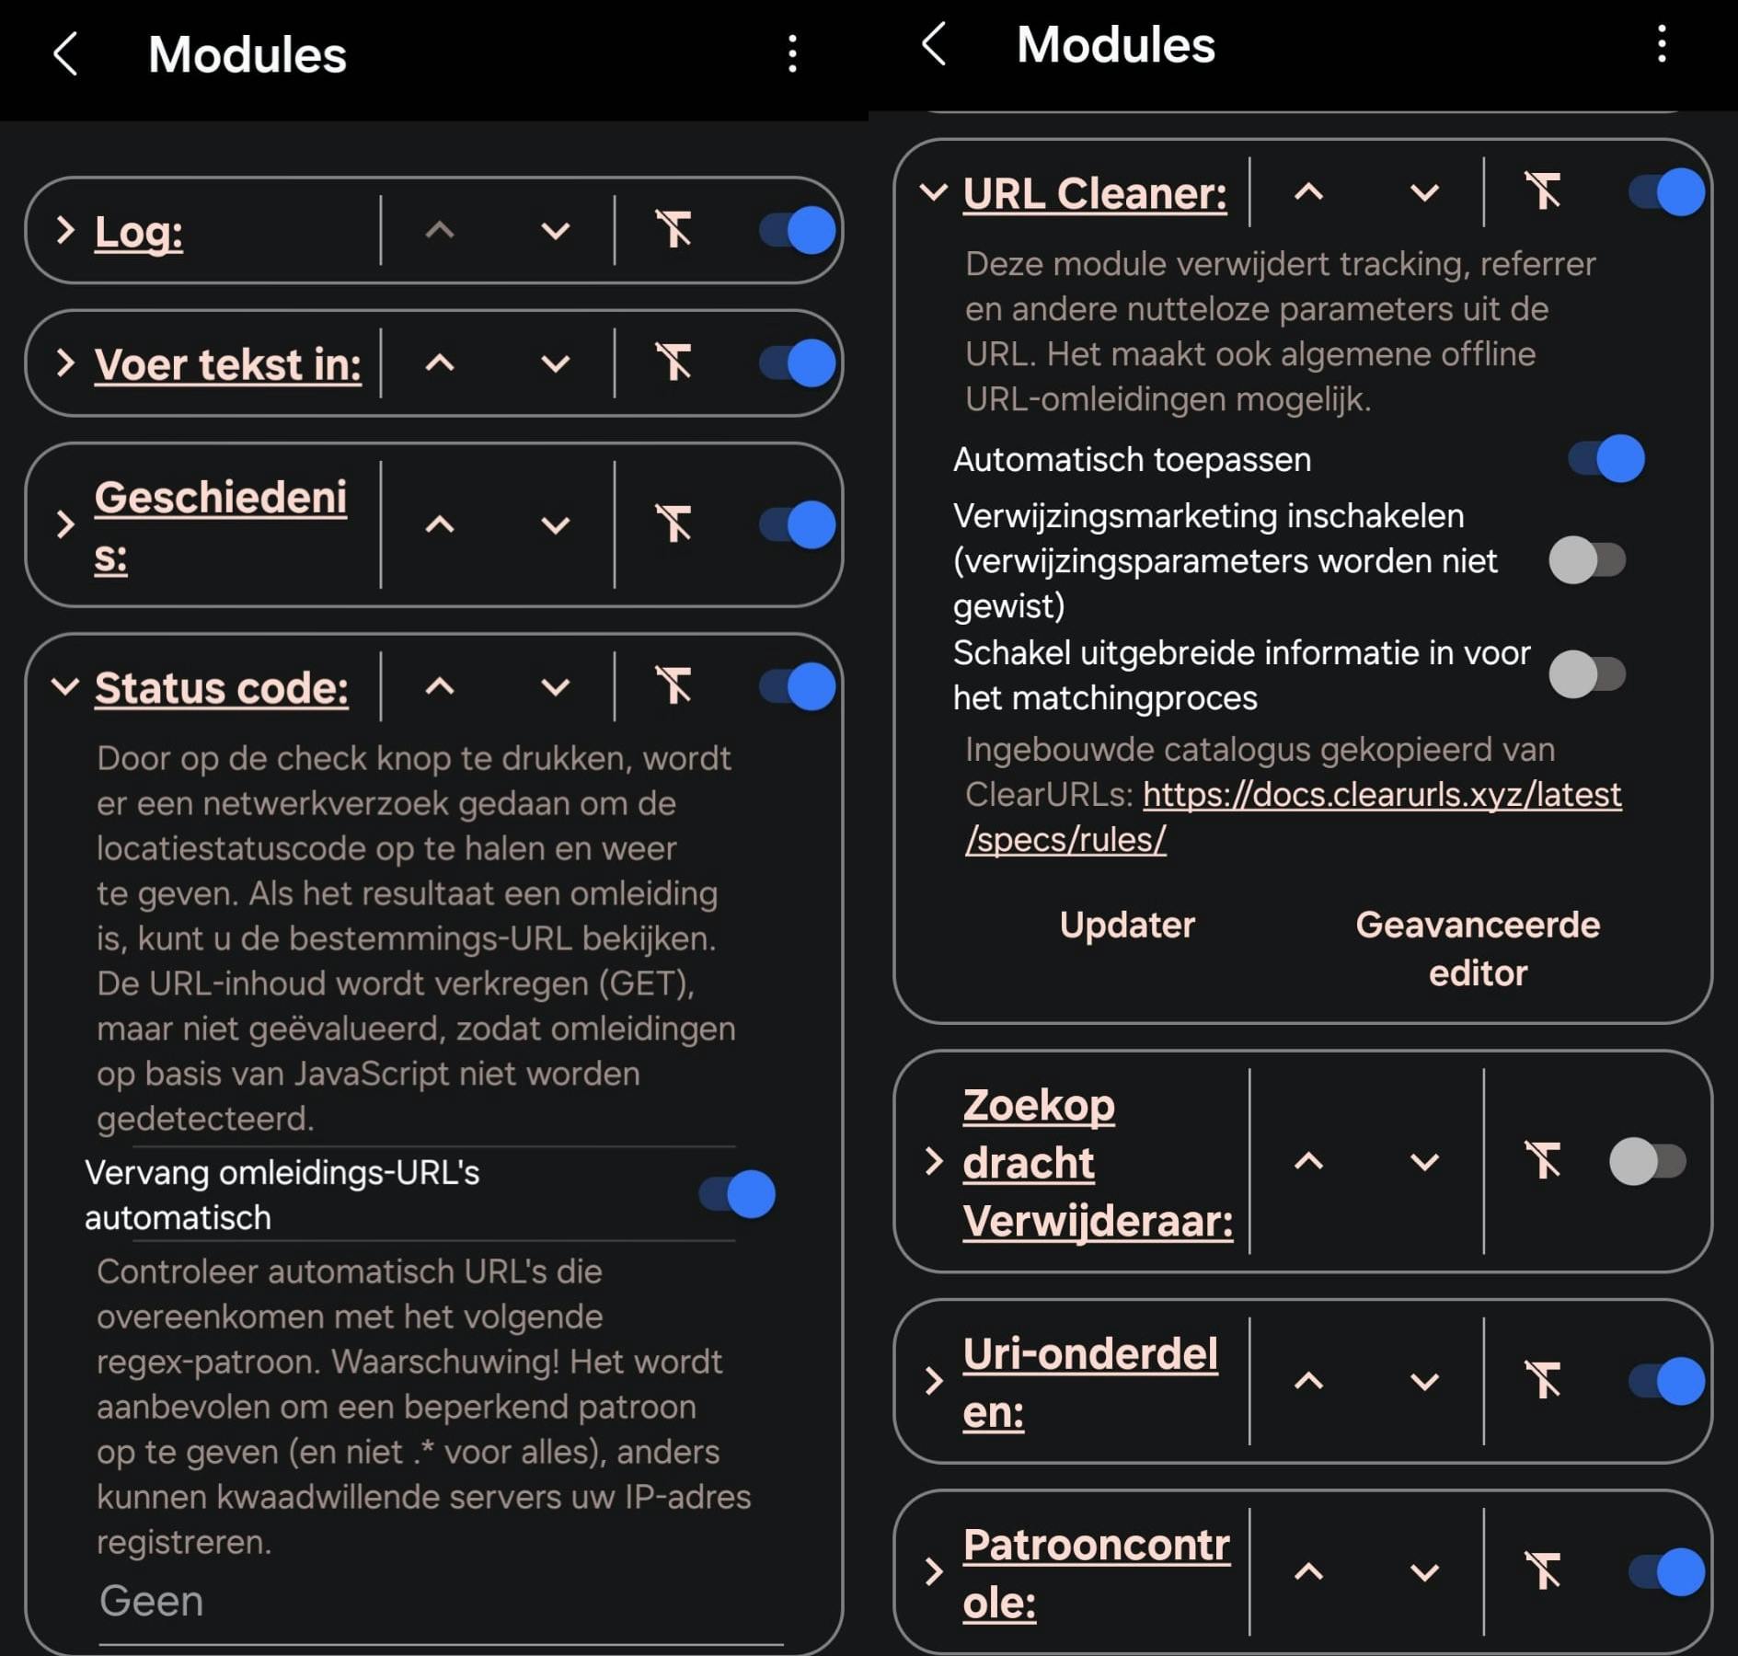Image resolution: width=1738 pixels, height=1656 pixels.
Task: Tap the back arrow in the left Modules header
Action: pos(65,53)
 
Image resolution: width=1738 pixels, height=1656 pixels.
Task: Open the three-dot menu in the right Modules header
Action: pos(1662,44)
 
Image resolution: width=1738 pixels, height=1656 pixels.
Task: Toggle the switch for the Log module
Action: pos(798,230)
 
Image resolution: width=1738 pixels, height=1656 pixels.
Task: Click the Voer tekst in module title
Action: pos(227,364)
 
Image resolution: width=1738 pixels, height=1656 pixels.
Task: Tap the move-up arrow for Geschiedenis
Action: pos(440,524)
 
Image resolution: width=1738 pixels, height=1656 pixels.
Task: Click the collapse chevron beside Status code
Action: pos(64,686)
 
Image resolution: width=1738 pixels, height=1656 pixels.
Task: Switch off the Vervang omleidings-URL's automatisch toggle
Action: pos(737,1194)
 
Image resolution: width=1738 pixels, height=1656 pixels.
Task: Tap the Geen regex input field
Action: pos(440,1602)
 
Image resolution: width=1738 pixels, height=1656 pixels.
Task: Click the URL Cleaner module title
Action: pos(1095,193)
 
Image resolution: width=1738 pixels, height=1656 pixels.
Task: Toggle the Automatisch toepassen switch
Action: pos(1606,458)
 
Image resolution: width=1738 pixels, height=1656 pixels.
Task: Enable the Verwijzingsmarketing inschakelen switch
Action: pos(1587,560)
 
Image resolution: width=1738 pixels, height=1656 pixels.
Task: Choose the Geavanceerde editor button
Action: pos(1478,949)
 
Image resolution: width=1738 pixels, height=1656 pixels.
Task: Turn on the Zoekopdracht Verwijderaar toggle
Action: pos(1647,1161)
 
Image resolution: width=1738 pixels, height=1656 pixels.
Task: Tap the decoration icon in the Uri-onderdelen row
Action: pos(1543,1380)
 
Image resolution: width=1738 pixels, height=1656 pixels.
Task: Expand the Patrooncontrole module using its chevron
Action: pos(934,1571)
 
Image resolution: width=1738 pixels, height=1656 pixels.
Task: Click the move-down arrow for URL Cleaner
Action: pos(1424,192)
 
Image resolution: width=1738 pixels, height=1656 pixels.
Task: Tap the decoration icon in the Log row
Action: pos(673,229)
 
